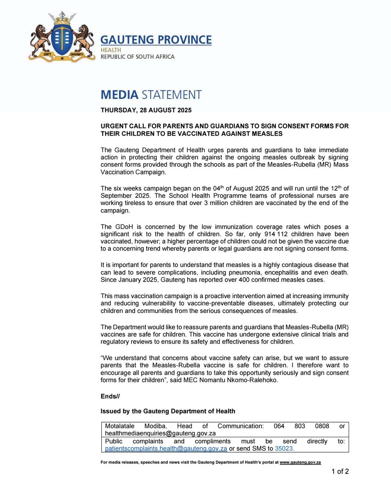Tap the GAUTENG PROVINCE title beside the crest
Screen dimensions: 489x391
click(x=156, y=40)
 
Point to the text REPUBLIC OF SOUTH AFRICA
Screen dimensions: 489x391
click(x=138, y=57)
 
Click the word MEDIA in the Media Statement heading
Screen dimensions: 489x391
click(x=119, y=95)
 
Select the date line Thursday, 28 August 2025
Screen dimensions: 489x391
click(x=146, y=110)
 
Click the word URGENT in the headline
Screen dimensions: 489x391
click(x=115, y=126)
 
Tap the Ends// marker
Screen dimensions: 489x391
click(x=110, y=396)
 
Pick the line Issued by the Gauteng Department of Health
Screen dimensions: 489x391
click(x=168, y=411)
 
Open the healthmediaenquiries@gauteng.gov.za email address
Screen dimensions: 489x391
click(x=160, y=433)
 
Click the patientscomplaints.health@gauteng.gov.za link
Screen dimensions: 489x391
click(x=166, y=448)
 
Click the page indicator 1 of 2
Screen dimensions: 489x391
click(x=340, y=471)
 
